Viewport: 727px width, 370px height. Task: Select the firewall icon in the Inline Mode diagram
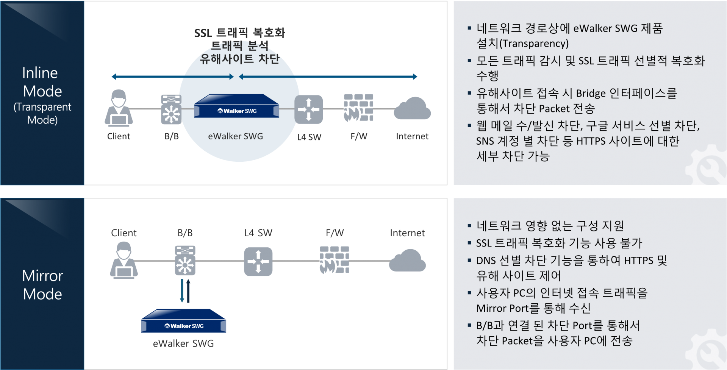[x=358, y=108]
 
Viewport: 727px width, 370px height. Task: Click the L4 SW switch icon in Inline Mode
[x=309, y=109]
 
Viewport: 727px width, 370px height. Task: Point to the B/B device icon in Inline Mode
[x=171, y=109]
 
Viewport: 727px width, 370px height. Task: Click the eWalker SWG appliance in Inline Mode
[x=237, y=107]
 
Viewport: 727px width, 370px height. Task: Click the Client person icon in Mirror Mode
[x=124, y=261]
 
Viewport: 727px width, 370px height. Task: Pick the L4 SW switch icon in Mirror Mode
[x=258, y=261]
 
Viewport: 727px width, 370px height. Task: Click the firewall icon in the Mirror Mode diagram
[x=334, y=260]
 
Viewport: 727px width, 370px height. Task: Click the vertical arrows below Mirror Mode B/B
[x=185, y=291]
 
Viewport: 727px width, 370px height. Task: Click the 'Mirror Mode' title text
[x=42, y=285]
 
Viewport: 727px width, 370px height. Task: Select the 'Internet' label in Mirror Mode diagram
[x=407, y=233]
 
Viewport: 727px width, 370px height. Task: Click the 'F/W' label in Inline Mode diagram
[x=359, y=136]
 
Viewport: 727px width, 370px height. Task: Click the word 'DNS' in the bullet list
[x=486, y=261]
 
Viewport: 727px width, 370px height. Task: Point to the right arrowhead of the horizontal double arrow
[x=415, y=77]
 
